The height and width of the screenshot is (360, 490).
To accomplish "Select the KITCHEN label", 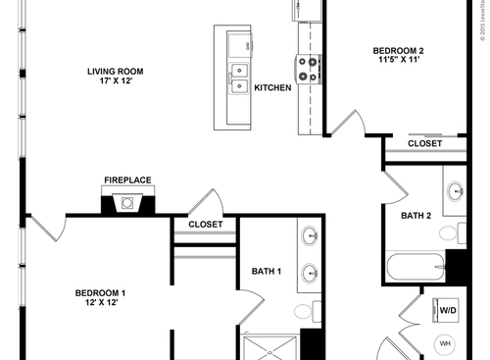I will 272,88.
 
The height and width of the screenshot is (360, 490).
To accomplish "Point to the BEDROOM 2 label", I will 398,50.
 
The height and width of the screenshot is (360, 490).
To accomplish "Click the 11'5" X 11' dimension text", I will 398,62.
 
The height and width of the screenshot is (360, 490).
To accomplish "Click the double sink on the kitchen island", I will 238,77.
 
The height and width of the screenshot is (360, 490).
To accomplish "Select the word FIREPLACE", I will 127,180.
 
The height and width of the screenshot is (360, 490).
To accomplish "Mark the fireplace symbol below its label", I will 127,204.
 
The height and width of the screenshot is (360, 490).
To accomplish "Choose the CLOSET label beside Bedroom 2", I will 424,143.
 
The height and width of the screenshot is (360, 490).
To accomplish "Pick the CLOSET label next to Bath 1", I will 206,225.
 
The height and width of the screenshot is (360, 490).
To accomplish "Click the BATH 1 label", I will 267,272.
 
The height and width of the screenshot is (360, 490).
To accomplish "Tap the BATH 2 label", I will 416,216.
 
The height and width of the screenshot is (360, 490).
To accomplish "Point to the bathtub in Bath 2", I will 416,267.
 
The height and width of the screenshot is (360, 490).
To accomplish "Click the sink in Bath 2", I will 455,193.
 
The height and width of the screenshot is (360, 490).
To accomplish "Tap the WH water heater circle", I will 445,344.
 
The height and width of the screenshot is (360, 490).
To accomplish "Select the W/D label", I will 447,311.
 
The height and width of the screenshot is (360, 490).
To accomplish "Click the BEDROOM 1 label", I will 101,291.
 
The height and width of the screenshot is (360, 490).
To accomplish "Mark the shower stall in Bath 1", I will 270,346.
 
